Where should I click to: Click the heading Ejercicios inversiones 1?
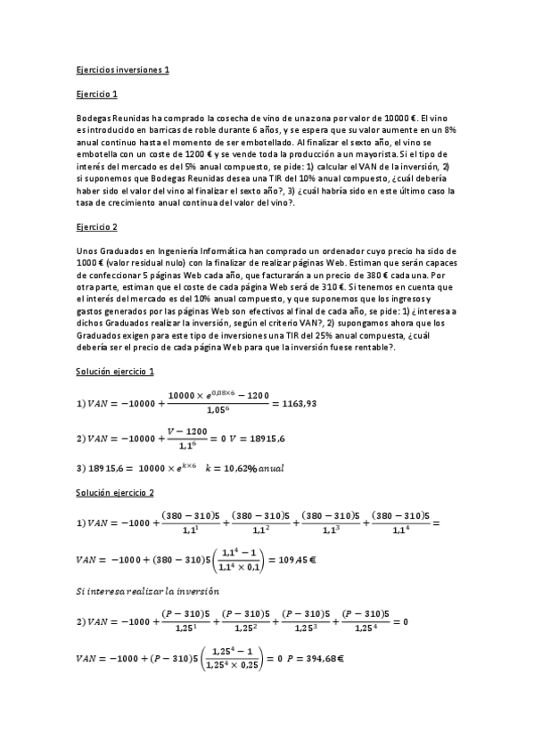click(x=122, y=69)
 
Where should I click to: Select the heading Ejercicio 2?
click(x=97, y=227)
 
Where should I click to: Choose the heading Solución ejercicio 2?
click(x=116, y=492)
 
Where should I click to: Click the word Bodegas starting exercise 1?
click(x=94, y=118)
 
